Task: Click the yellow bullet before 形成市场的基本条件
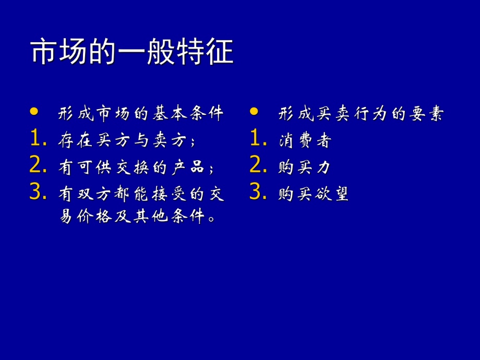click(x=34, y=111)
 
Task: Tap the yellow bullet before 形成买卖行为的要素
click(x=254, y=111)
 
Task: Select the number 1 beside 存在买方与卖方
click(x=35, y=139)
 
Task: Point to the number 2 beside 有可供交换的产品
click(x=36, y=166)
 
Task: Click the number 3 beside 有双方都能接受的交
click(x=36, y=193)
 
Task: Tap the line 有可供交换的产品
click(x=136, y=167)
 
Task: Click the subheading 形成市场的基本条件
click(x=141, y=113)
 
